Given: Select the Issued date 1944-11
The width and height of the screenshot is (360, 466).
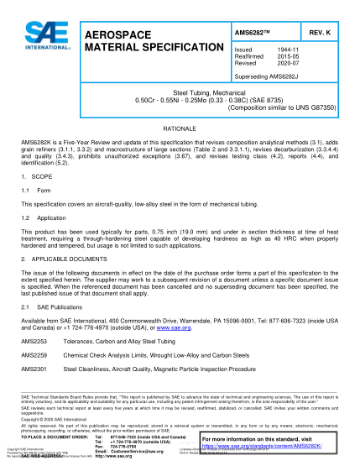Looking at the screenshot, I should point(287,50).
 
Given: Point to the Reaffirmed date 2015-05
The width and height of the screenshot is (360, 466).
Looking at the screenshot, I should point(287,57).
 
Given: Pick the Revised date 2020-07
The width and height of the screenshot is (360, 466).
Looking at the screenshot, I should point(287,64).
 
